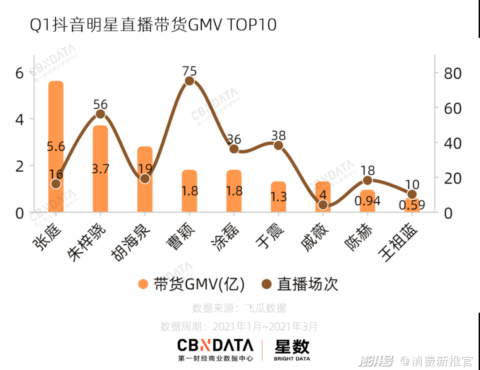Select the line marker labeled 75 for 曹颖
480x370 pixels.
tap(189, 81)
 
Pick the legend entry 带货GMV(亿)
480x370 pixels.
tap(192, 284)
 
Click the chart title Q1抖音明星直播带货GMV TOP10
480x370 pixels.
tap(153, 25)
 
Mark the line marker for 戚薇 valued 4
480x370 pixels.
tap(323, 205)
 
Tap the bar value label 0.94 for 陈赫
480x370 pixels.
tap(367, 201)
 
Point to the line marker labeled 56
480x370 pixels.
tap(100, 114)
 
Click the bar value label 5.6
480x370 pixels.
tap(56, 147)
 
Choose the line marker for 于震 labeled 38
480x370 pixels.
tap(279, 145)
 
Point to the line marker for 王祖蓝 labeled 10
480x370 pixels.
tap(412, 194)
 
